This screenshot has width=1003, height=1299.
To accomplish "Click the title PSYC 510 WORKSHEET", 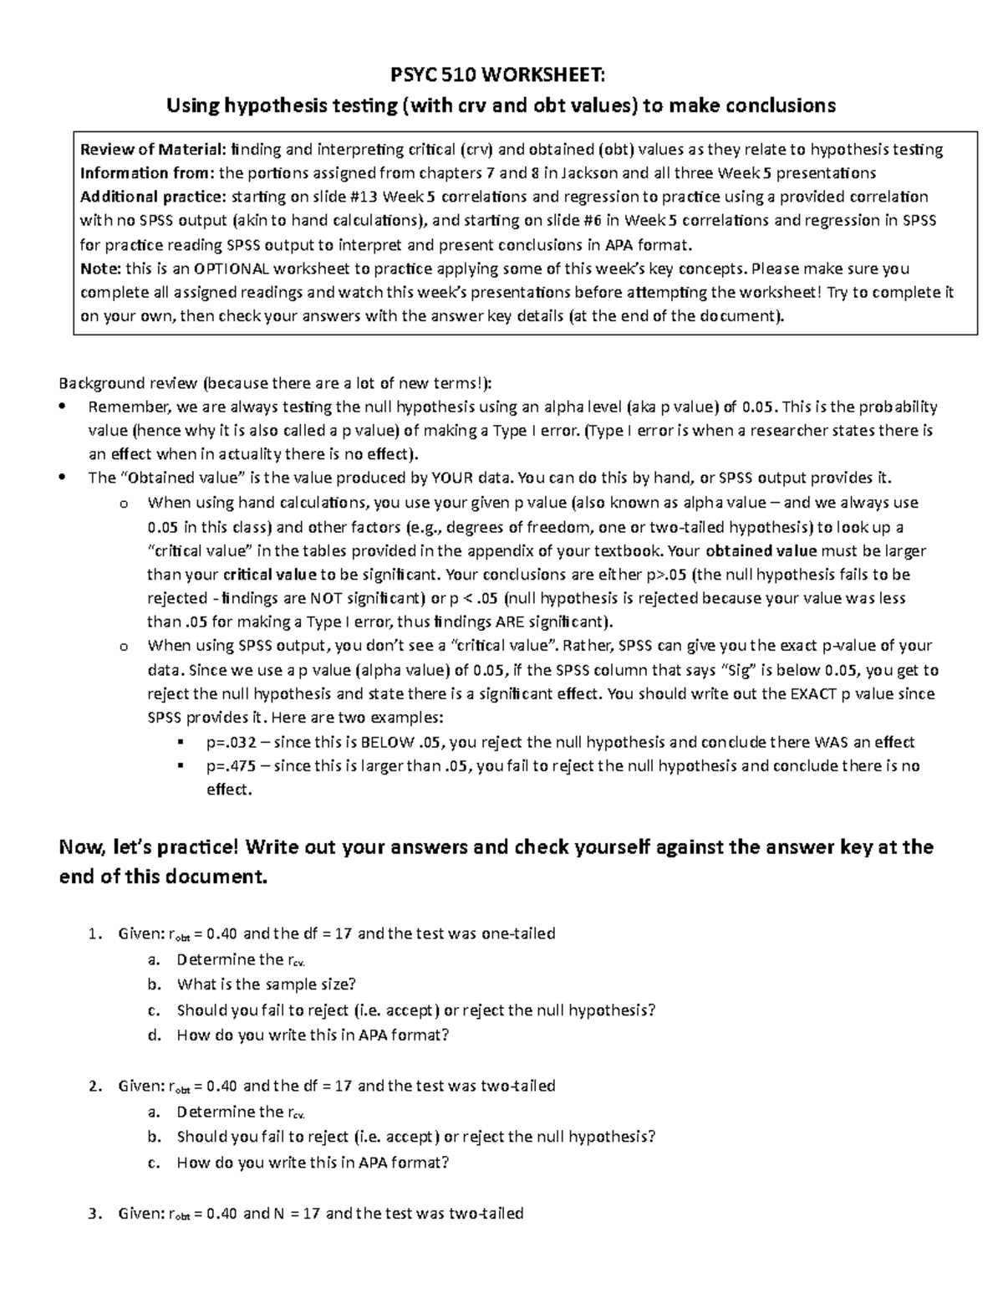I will (501, 76).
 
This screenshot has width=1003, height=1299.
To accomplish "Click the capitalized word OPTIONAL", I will (229, 269).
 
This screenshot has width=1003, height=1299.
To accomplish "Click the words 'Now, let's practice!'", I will (151, 847).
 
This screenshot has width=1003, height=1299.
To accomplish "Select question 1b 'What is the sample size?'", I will (266, 984).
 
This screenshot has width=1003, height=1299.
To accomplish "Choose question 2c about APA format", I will (313, 1163).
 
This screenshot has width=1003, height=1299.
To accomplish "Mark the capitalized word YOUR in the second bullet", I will (453, 478).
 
